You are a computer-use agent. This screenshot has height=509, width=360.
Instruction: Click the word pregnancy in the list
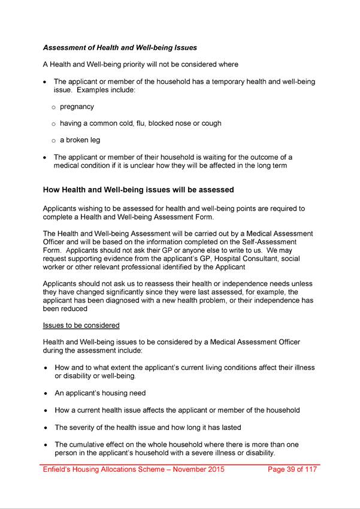77,107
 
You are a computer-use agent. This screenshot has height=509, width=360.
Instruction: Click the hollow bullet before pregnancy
53,107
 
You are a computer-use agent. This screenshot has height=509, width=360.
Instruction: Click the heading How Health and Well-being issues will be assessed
138,190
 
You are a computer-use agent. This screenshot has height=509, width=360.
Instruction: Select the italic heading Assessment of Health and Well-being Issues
120,47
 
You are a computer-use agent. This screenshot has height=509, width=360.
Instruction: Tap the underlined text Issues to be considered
81,325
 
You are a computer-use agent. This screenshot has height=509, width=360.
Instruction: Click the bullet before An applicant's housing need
46,393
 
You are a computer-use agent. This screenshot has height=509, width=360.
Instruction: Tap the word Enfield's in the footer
58,469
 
